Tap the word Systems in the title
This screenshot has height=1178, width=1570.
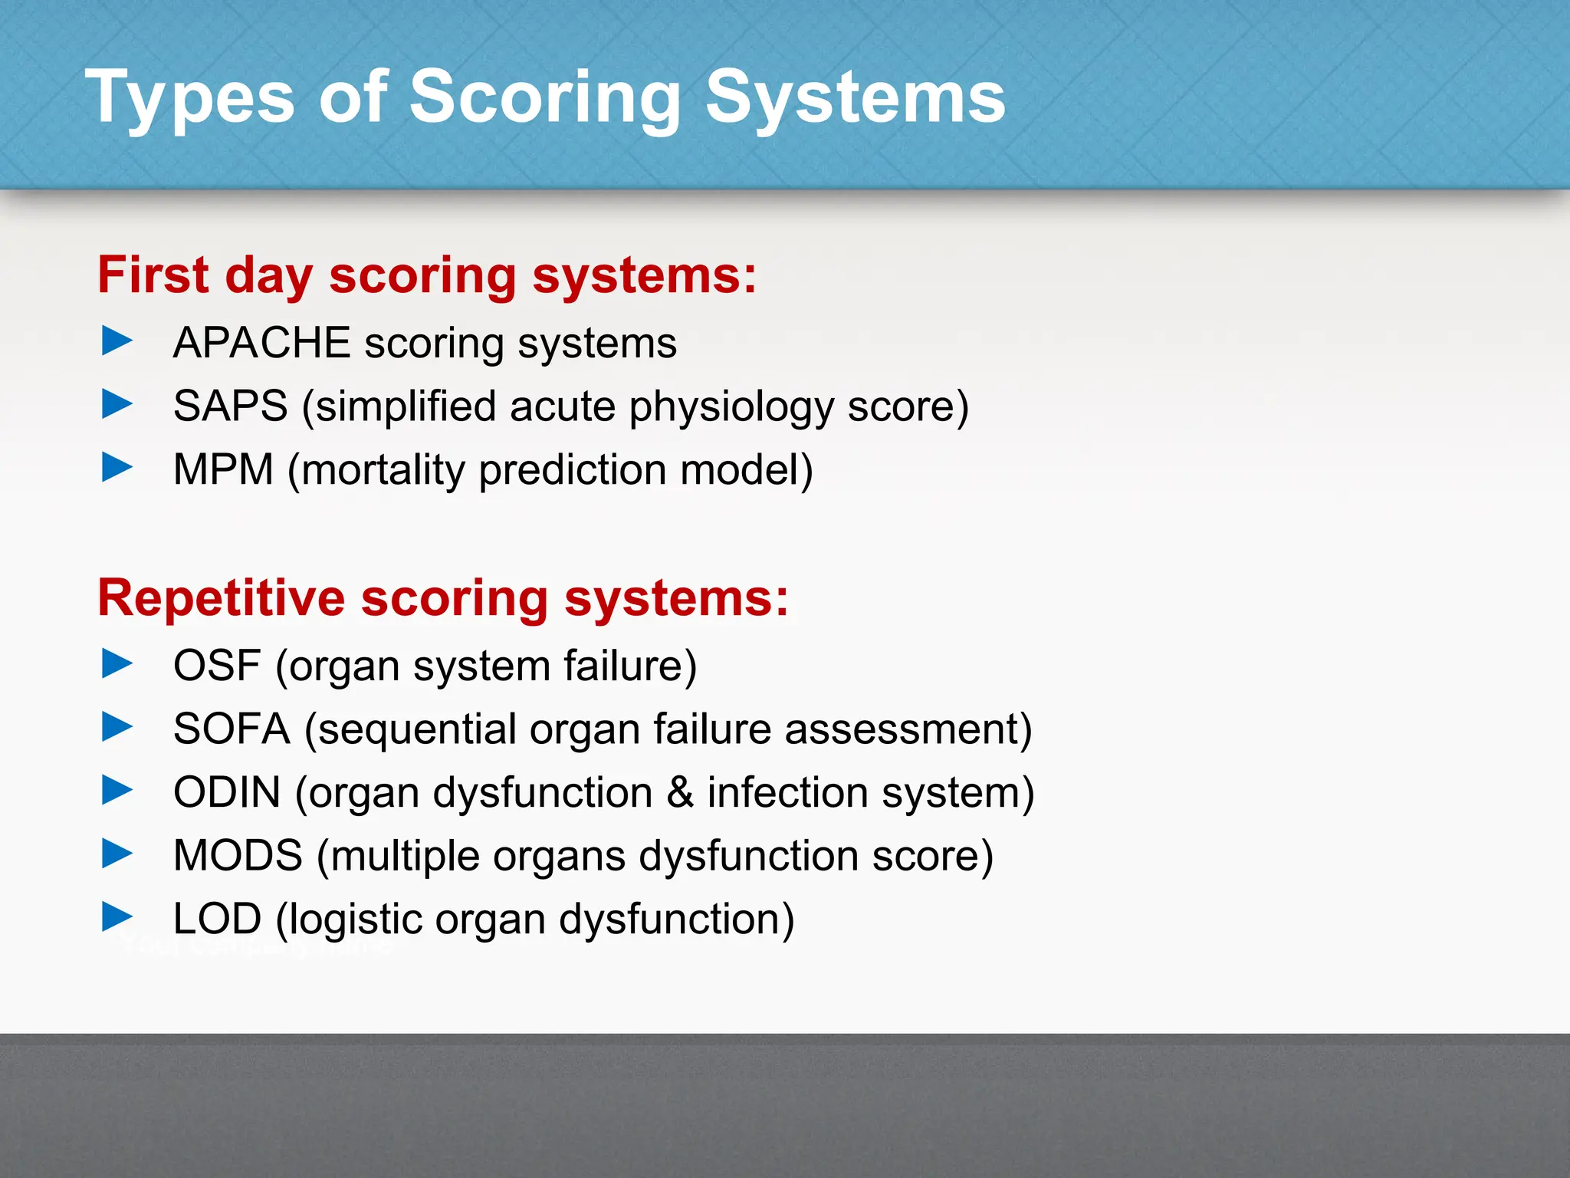[855, 98]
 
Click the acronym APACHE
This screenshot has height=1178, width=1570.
[261, 342]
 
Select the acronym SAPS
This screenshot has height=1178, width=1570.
[230, 406]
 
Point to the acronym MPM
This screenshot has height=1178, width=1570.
[223, 469]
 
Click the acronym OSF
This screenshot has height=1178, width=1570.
[217, 665]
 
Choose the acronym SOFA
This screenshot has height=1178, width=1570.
[232, 729]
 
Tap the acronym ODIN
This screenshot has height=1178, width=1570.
[227, 792]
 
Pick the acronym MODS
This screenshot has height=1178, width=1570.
[238, 855]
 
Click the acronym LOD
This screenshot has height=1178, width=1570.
[217, 919]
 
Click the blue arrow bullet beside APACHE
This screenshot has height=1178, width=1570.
[117, 341]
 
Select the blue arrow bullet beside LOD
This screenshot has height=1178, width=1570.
[117, 916]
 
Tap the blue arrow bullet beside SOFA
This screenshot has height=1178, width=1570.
[117, 726]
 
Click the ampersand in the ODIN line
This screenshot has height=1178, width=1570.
[680, 792]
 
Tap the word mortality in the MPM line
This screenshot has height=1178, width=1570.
[383, 470]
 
